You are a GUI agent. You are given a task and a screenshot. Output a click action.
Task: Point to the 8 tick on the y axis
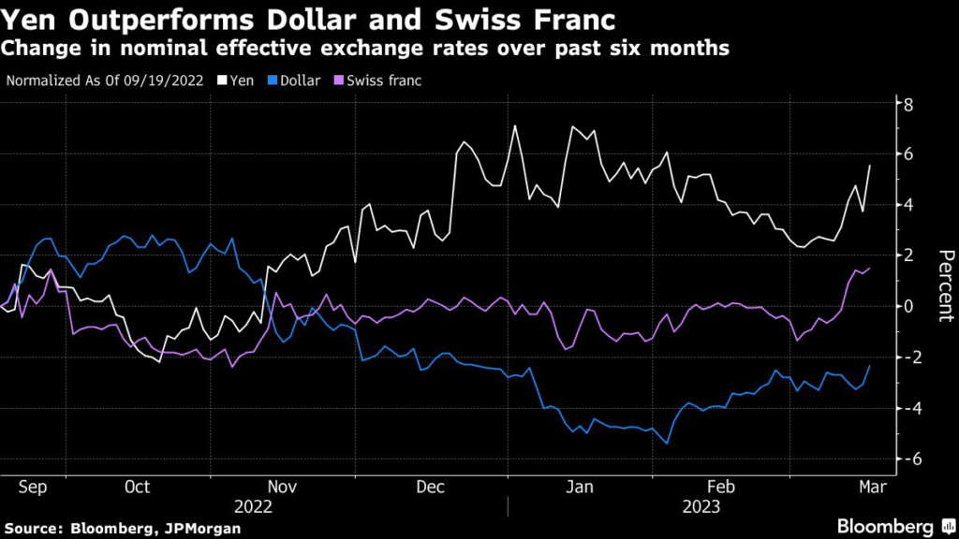tap(907, 103)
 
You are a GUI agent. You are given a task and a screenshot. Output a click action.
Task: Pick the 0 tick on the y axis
tap(907, 306)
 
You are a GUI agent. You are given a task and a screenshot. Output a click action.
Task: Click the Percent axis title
tap(945, 285)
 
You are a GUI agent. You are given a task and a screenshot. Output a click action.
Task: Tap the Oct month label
tap(138, 487)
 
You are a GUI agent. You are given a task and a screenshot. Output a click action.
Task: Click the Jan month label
tap(581, 487)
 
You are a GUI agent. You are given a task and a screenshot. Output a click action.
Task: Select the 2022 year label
tap(253, 506)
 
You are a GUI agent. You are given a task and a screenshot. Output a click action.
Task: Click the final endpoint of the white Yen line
tap(870, 166)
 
